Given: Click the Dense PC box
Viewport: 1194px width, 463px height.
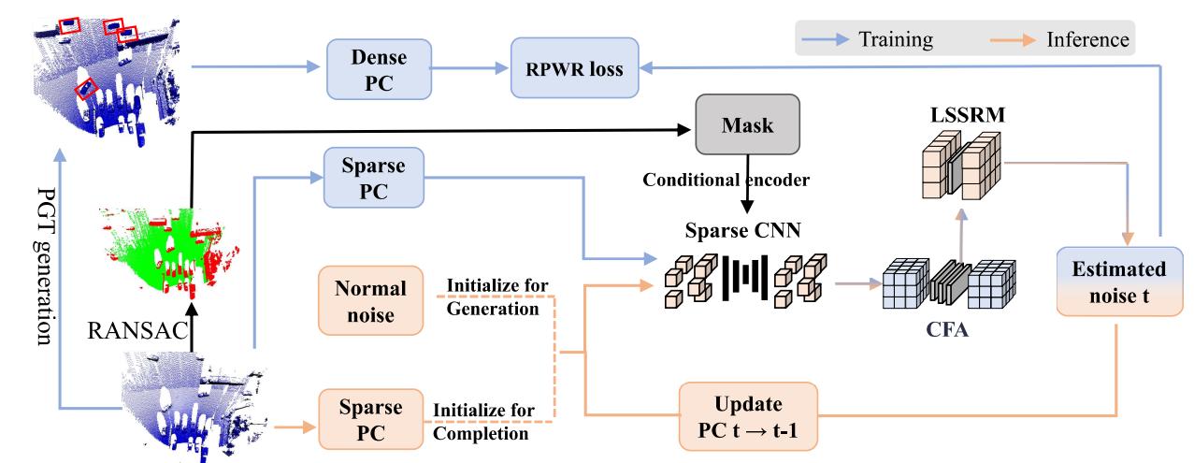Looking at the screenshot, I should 379,68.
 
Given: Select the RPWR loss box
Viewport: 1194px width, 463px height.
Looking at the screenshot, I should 575,67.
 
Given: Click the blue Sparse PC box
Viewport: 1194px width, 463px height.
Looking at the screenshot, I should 372,178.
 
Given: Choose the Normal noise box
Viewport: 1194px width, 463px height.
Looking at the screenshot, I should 370,301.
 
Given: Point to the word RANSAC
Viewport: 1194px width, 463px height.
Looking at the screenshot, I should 134,329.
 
